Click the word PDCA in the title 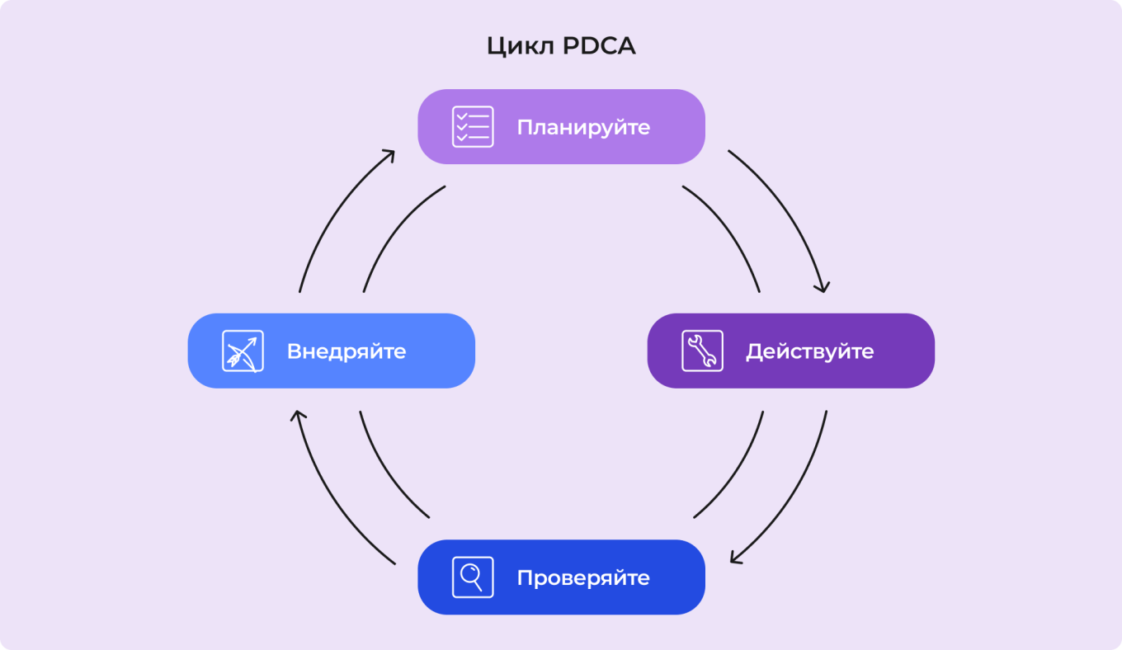click(599, 46)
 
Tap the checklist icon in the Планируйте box click(473, 127)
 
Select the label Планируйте click(583, 128)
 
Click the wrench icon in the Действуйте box click(702, 351)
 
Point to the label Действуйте click(809, 351)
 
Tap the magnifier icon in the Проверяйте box click(473, 577)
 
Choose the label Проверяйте click(583, 578)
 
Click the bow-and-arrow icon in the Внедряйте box click(243, 351)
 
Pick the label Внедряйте click(346, 351)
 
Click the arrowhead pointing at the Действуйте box click(821, 286)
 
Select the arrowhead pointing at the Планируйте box click(387, 155)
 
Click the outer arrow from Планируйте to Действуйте click(785, 206)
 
